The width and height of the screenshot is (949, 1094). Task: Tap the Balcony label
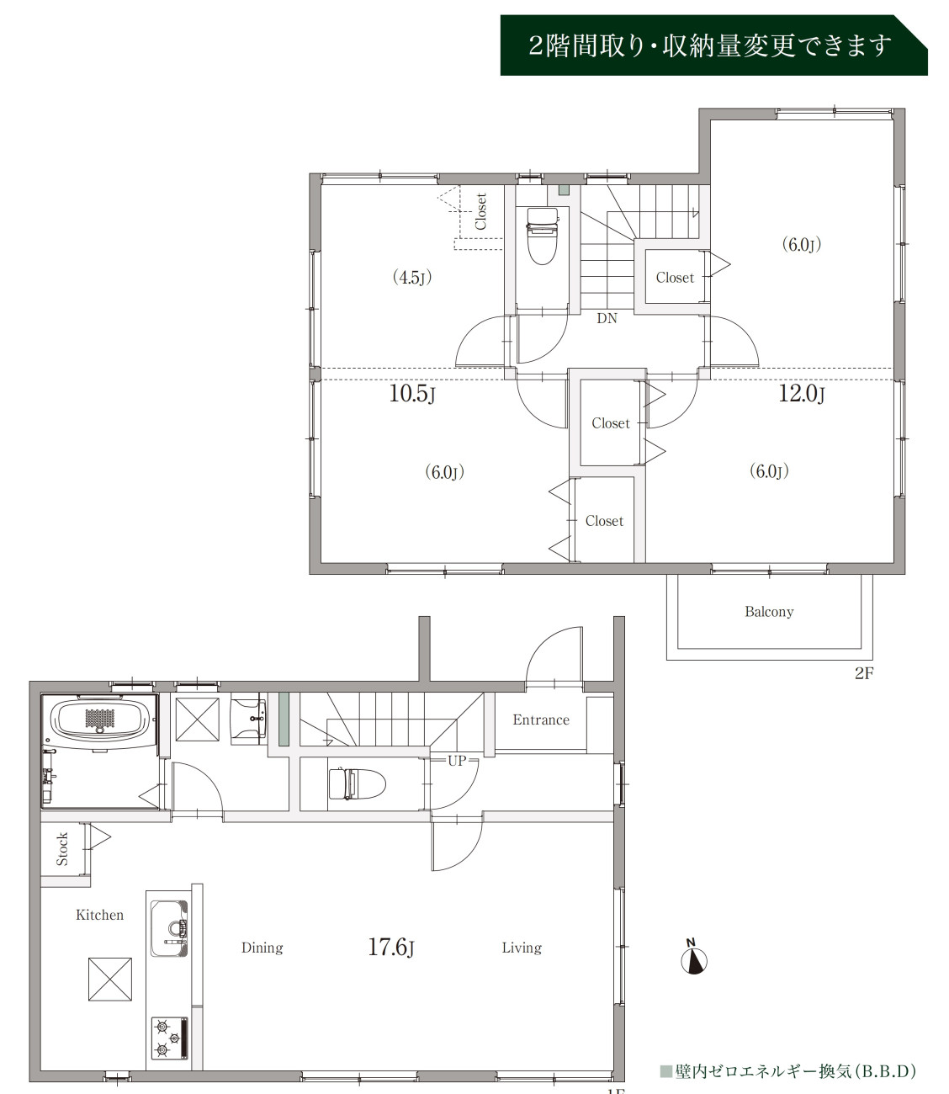coord(769,612)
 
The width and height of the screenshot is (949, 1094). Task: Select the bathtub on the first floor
coord(100,720)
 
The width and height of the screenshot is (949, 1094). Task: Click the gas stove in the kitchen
coord(169,1038)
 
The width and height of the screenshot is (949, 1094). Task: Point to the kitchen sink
coord(169,928)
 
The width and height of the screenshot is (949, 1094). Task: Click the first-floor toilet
coord(357,783)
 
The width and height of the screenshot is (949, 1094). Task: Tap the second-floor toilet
coord(543,236)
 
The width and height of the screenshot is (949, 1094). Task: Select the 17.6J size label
coord(391,947)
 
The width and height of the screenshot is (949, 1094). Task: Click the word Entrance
coord(541,720)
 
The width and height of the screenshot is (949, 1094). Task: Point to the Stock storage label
coord(62,849)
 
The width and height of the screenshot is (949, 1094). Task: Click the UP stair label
coord(457,761)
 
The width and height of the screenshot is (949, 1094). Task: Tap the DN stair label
coord(607,319)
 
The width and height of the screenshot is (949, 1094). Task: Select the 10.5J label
coord(411,394)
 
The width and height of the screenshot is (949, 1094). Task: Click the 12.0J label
coord(801,394)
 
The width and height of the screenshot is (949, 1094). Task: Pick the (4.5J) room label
coord(412,277)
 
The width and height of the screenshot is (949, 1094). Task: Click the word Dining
coord(262,948)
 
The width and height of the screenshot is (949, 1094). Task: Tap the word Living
coord(522,948)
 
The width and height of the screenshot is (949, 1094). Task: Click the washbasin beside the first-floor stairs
coord(248,721)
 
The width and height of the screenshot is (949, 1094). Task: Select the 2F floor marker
coord(864,673)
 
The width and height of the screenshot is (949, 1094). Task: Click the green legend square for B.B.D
coord(665,1071)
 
